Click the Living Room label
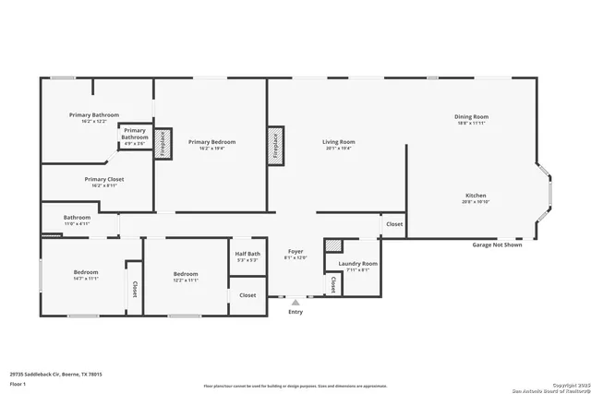(338, 142)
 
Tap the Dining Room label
(470, 117)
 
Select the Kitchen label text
(476, 195)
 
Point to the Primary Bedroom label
(211, 142)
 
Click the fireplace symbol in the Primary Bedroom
(160, 146)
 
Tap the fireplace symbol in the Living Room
(274, 146)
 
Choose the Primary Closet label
(103, 179)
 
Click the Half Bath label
(247, 254)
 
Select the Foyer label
(295, 251)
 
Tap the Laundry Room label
(358, 264)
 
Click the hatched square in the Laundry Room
(332, 246)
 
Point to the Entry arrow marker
(295, 301)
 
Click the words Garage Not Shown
(497, 245)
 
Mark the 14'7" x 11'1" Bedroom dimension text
(86, 280)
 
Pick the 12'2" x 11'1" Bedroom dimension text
(186, 280)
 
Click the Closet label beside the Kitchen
(393, 224)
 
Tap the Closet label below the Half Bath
(247, 295)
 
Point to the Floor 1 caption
(18, 383)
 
